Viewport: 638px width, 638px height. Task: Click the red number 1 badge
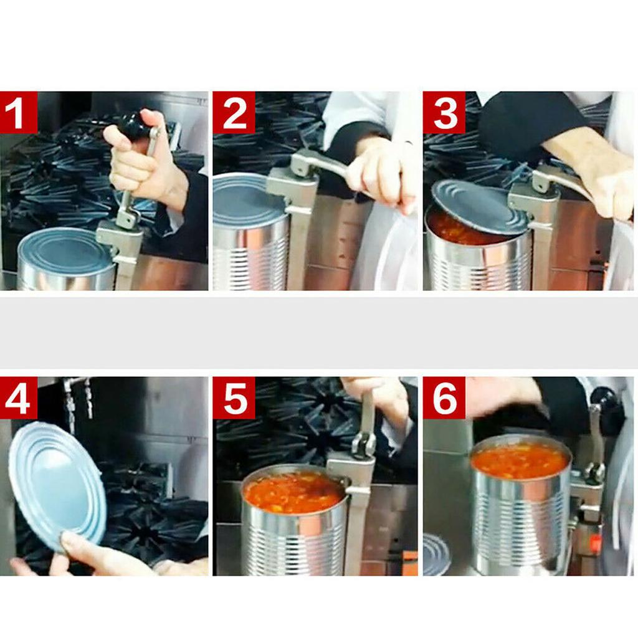pos(19,112)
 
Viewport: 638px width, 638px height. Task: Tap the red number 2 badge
pos(234,112)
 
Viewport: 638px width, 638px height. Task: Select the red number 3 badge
pos(444,112)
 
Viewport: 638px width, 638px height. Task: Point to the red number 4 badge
pos(19,398)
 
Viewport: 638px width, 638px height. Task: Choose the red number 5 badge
pos(234,398)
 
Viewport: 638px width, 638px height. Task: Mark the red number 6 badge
pos(444,398)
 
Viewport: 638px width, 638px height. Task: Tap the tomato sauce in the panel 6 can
pos(520,460)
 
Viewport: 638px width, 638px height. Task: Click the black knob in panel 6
pos(601,398)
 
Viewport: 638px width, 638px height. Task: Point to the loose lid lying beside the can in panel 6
pos(436,554)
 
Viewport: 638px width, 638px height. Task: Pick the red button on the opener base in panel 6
pos(595,543)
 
